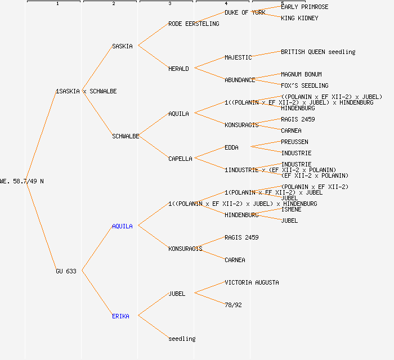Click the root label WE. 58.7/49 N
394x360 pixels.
coord(21,181)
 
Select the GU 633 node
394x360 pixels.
coord(66,271)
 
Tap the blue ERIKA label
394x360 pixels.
coord(120,316)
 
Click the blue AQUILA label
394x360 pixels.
coord(122,226)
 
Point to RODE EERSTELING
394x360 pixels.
coord(194,24)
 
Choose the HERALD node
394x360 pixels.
coord(178,69)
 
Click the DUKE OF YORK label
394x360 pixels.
coord(245,12)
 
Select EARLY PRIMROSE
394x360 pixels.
coord(305,7)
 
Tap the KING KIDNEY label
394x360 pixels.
coord(299,18)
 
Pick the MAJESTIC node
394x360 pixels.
coord(238,57)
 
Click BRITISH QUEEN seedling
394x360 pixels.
coord(318,52)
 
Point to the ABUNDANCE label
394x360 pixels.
coord(240,80)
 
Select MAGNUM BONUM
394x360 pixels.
coord(301,74)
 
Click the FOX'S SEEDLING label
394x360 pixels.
coord(305,85)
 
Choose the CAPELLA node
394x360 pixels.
coord(180,159)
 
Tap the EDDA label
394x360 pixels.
coord(231,147)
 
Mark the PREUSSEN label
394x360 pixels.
coord(294,142)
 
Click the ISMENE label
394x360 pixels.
coord(291,209)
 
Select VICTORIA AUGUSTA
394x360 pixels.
coord(252,282)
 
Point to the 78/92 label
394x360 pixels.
coord(233,305)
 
